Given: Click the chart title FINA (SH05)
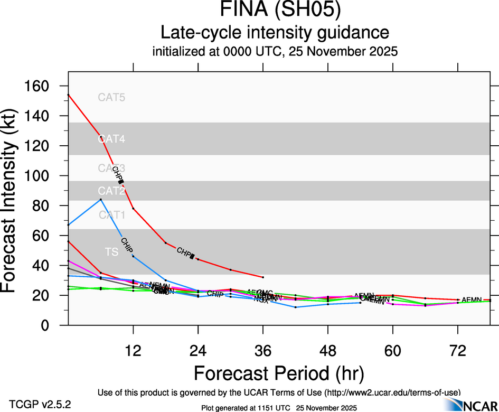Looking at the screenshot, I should [275, 11].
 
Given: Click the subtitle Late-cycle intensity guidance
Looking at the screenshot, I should [275, 33].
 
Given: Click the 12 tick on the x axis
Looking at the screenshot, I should [133, 351].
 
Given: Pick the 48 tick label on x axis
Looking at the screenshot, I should [328, 351].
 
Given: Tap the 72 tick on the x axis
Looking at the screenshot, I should [458, 351].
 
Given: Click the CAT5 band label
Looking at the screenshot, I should [111, 97].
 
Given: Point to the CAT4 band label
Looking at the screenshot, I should [111, 139].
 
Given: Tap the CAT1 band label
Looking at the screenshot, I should [111, 214].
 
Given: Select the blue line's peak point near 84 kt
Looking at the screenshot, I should [101, 199].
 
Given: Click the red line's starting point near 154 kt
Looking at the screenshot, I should [69, 95].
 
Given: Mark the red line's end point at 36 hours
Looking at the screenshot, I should [263, 277].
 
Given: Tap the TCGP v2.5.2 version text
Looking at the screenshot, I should [40, 405].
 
